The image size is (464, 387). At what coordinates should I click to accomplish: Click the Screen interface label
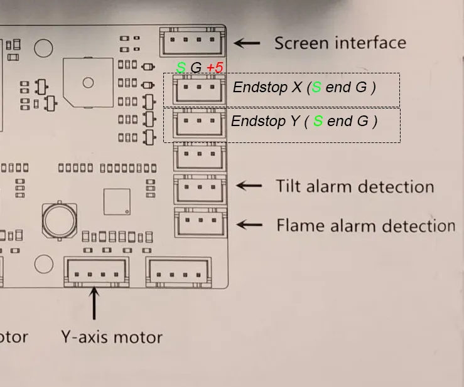[340, 43]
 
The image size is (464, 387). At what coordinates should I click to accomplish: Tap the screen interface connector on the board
[192, 42]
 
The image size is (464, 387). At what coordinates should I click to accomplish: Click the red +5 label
[215, 68]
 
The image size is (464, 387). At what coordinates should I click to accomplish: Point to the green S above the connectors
[181, 68]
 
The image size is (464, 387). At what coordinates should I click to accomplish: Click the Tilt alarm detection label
[355, 186]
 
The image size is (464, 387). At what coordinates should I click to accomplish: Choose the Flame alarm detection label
[365, 225]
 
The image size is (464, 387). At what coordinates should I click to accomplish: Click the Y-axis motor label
[111, 337]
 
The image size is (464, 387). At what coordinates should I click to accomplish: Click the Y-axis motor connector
[97, 272]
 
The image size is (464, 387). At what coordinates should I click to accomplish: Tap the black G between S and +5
[197, 68]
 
